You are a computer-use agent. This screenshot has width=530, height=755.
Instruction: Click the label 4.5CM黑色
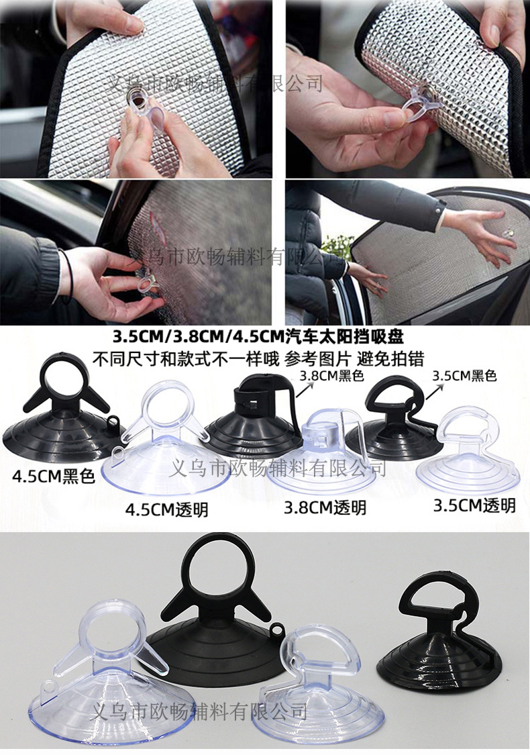(54, 477)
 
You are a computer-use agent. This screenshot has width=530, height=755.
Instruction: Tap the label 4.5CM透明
(166, 509)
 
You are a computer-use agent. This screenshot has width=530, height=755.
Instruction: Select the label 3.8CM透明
(325, 507)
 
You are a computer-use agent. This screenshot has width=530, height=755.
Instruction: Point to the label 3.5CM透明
(474, 505)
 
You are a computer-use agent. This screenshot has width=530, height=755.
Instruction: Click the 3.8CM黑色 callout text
(331, 376)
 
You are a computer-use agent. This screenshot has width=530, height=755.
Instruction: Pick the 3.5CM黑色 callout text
(464, 376)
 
